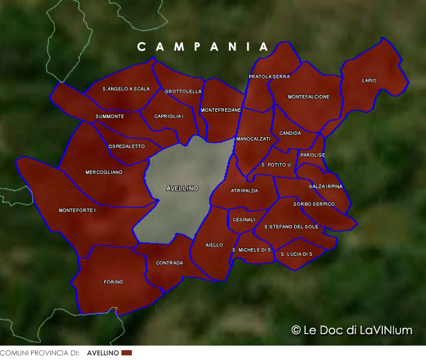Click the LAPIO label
369,81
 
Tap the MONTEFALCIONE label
309,97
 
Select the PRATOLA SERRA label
269,77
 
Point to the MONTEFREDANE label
220,110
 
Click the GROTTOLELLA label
183,92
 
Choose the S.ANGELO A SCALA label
126,89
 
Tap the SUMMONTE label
110,117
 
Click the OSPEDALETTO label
127,147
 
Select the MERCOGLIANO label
104,172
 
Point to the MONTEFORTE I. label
78,211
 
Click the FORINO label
113,282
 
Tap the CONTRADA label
169,263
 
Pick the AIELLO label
214,245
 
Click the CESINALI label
244,220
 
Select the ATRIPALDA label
244,191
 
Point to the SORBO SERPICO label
314,204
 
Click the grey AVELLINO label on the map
182,188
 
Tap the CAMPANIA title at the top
203,47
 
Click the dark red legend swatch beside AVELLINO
127,353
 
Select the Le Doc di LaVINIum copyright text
352,330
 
